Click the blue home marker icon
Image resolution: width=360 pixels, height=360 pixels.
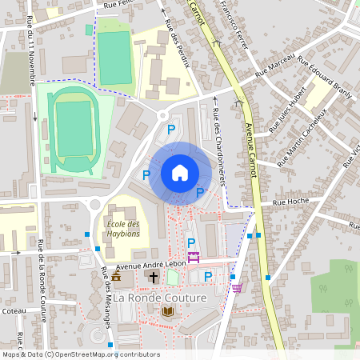click(180, 173)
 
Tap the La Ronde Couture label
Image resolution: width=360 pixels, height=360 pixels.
click(160, 298)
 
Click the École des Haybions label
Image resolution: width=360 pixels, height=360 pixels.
click(123, 228)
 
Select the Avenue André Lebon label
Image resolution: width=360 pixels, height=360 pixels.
click(151, 265)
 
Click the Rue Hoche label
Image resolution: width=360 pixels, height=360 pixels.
click(290, 203)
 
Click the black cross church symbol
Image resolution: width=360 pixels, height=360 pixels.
click(152, 277)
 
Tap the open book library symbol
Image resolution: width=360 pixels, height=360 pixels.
click(168, 311)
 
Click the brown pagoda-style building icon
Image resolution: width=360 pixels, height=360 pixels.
click(117, 277)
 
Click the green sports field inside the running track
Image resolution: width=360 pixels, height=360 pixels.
click(74, 128)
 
